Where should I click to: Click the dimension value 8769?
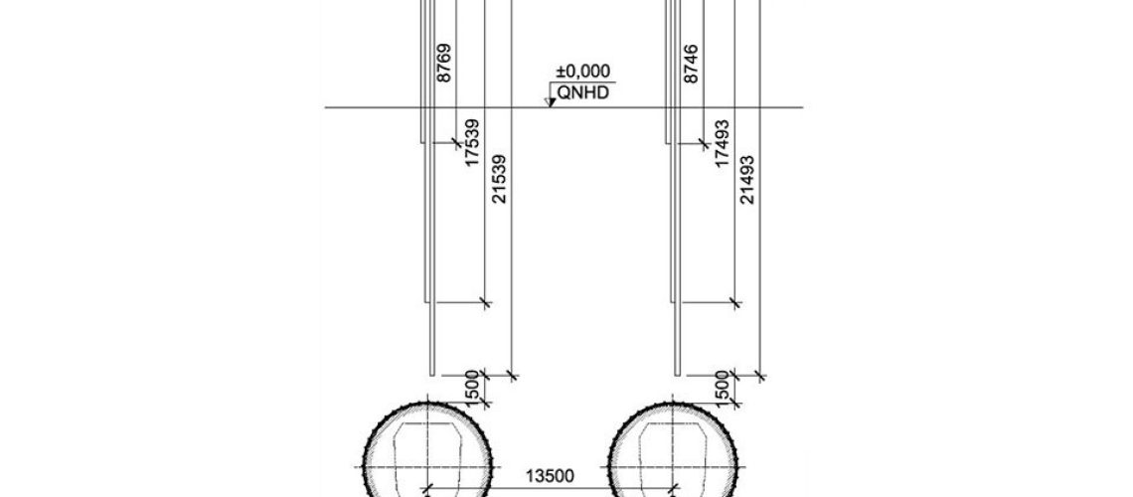click(x=444, y=63)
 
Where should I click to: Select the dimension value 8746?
click(x=691, y=64)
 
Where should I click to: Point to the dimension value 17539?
click(x=472, y=143)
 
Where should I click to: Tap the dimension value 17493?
click(x=722, y=144)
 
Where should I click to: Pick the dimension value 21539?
click(x=499, y=179)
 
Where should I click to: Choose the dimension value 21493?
click(x=747, y=179)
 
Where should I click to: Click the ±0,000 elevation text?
click(x=582, y=72)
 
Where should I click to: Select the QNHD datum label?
click(x=583, y=93)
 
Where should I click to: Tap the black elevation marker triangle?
click(x=551, y=102)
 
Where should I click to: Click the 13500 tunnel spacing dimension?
click(x=550, y=476)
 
